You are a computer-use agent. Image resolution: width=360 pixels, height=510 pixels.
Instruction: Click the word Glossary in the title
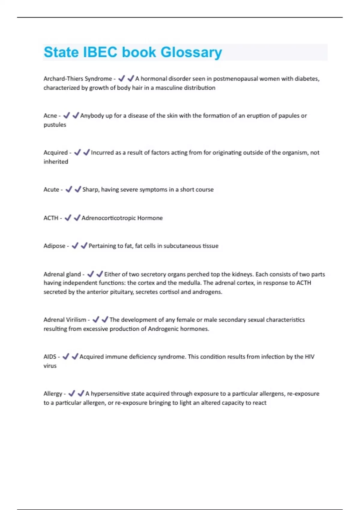point(191,52)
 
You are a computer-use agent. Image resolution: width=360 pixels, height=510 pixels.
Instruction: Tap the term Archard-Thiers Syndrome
point(78,79)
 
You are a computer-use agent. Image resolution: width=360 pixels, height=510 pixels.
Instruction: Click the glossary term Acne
point(50,115)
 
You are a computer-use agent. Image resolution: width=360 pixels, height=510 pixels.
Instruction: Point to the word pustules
point(55,125)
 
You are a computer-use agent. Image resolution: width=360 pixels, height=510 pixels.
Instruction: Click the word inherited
point(56,162)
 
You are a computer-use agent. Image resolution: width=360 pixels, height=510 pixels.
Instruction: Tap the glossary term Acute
point(51,190)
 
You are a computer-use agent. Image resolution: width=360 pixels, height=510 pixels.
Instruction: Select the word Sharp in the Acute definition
point(91,190)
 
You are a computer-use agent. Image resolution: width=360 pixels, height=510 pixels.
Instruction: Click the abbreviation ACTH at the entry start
point(51,218)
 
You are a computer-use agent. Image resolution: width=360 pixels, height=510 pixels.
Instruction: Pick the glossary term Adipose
point(54,246)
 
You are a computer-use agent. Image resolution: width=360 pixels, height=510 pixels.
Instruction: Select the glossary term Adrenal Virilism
point(65,320)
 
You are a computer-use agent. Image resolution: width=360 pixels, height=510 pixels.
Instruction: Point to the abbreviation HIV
point(309,357)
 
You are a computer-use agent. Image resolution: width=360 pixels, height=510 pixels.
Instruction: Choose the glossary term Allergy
point(53,394)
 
